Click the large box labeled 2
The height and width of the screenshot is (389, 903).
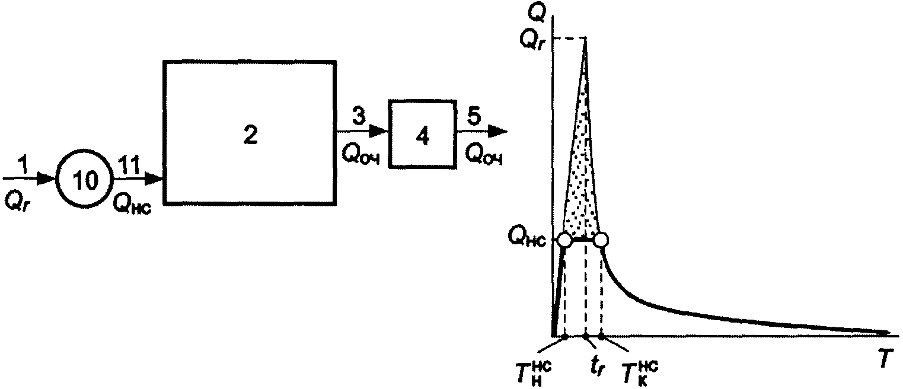[x=250, y=132]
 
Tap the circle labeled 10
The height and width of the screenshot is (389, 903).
[x=84, y=182]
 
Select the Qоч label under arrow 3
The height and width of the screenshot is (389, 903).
[x=361, y=155]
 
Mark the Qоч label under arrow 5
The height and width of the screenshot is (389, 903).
[x=483, y=155]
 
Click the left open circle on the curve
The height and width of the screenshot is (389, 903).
[x=565, y=240]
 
